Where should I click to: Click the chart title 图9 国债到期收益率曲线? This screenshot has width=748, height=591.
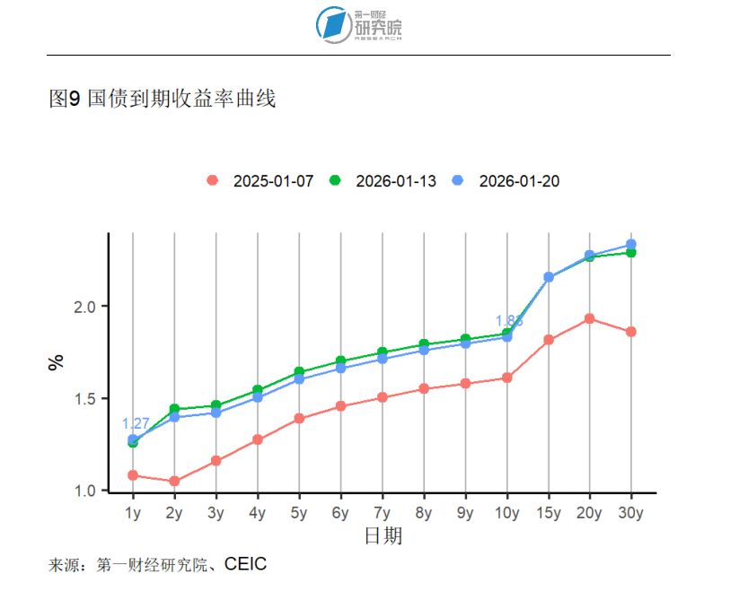tap(162, 99)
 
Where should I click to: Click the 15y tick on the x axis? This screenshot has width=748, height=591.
tap(548, 514)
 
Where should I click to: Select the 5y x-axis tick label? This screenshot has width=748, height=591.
tap(299, 514)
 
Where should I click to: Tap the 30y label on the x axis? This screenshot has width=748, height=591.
tap(631, 514)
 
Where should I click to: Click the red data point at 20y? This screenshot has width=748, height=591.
tap(590, 318)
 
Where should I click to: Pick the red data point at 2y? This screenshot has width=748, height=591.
tap(174, 482)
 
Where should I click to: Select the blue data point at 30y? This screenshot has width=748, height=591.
tap(631, 244)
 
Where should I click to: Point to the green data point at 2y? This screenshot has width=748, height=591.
tap(174, 409)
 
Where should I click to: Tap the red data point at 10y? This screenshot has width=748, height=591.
tap(506, 378)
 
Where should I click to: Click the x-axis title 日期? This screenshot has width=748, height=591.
tap(383, 536)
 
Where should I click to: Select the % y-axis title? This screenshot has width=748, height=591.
tap(57, 362)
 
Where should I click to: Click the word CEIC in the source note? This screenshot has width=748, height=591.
tap(245, 564)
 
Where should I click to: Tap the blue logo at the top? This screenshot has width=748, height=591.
tap(334, 24)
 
